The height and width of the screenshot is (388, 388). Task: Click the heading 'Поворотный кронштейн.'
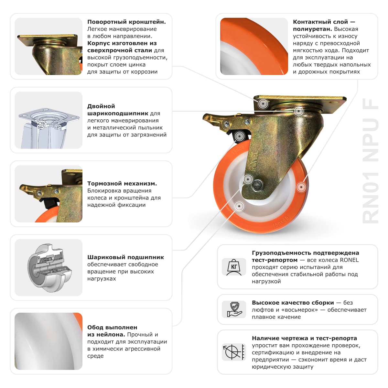click(x=126, y=22)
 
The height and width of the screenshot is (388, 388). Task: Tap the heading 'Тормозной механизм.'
click(x=122, y=183)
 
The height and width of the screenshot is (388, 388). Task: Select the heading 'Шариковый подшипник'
click(x=125, y=257)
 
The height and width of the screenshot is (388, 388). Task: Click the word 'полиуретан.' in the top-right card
click(x=312, y=29)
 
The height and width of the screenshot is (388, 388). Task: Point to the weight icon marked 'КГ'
click(x=234, y=267)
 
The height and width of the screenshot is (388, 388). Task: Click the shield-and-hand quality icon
click(x=234, y=309)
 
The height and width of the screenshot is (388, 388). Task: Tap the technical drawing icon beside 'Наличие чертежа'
click(x=234, y=352)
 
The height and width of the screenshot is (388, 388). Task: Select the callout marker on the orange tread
click(x=301, y=187)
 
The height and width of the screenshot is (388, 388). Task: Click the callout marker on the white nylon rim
click(x=239, y=206)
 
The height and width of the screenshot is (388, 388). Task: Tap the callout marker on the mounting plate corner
click(x=263, y=104)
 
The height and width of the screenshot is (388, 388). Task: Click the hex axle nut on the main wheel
click(x=257, y=185)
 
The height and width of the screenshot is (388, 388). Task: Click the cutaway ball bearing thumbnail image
click(x=48, y=267)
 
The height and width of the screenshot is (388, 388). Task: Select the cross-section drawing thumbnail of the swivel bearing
click(x=48, y=120)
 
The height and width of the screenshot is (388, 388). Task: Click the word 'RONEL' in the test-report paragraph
click(x=349, y=260)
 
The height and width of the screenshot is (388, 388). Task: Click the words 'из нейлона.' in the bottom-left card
click(x=106, y=334)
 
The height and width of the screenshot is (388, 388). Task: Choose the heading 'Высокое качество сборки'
click(x=293, y=303)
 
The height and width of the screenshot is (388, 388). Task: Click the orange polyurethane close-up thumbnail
click(x=254, y=47)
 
